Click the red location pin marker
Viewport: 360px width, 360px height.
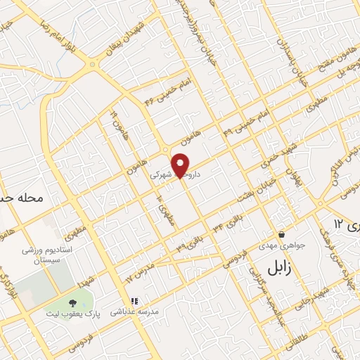pos(181,165)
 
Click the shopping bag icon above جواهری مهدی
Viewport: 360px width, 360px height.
pos(281,235)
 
